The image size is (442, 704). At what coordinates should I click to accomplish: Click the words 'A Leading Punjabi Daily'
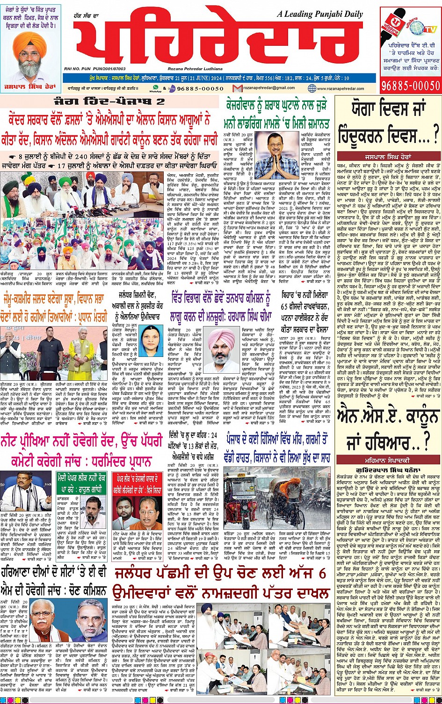pos(320,14)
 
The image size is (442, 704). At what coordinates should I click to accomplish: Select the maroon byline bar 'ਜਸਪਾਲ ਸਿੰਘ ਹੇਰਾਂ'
pos(388,153)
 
